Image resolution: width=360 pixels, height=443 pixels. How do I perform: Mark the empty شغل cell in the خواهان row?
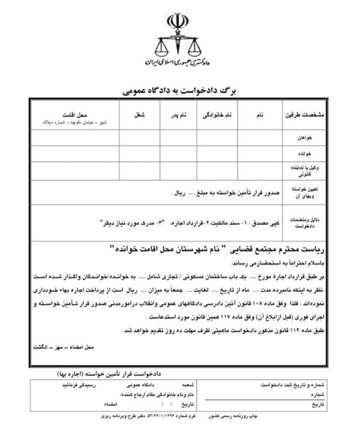(135, 138)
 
